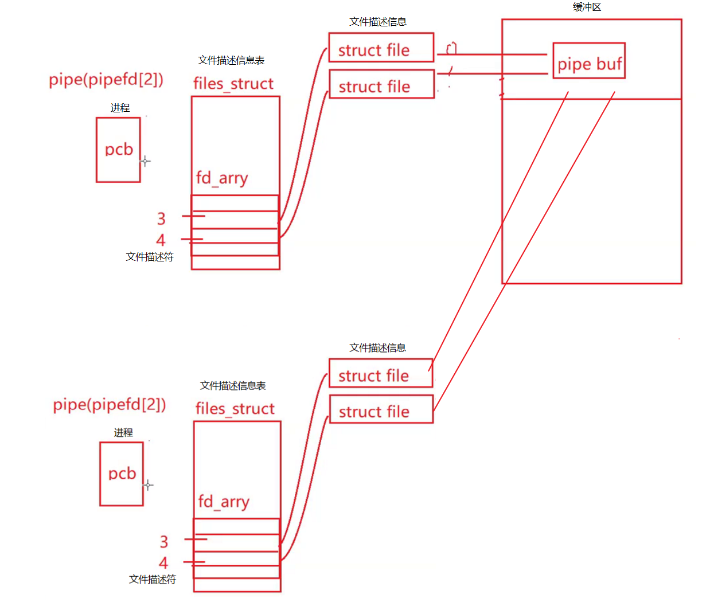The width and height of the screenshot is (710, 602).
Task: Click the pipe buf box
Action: (x=589, y=61)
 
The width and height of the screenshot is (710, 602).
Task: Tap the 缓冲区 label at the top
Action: (x=587, y=7)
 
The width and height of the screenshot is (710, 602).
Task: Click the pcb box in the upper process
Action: (x=118, y=150)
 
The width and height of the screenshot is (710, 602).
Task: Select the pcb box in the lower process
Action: (x=122, y=474)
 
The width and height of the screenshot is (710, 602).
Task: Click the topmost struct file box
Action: (x=381, y=48)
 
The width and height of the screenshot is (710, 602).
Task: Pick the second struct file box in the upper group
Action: (x=381, y=84)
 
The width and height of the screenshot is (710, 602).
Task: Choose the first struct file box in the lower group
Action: (x=380, y=373)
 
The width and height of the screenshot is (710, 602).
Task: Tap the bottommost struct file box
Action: (x=381, y=409)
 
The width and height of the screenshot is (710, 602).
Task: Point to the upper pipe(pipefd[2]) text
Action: (x=106, y=79)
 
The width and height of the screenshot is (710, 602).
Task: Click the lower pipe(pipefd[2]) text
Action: (x=109, y=405)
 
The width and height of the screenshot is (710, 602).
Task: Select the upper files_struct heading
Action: (x=233, y=84)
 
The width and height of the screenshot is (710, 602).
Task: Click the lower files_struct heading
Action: (x=235, y=409)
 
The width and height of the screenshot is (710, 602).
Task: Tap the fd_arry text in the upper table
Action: (x=222, y=178)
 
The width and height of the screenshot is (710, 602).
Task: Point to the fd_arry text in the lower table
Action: (x=224, y=502)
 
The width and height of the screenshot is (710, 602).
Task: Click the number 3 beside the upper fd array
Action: (x=161, y=218)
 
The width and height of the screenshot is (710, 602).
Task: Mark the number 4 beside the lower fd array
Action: (x=163, y=563)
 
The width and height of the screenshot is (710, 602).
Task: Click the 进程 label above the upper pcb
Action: (x=120, y=108)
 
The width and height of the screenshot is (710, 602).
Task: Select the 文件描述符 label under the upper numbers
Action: (x=150, y=257)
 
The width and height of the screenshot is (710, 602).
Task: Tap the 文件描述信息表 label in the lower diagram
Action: (x=233, y=386)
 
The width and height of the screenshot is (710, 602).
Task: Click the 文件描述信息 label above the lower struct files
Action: (x=377, y=348)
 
